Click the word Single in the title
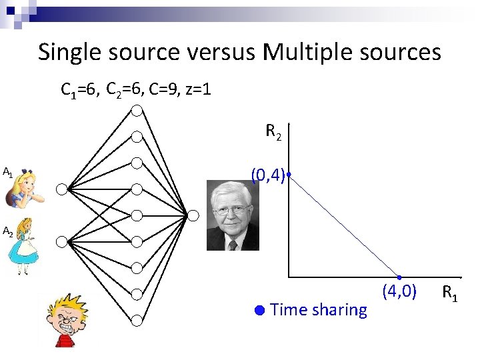coord(69,52)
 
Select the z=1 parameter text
coord(196,89)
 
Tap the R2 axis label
coord(273,132)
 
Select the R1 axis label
coord(450,292)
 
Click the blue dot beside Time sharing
coord(260,309)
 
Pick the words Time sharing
coord(319,309)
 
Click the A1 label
coord(7,172)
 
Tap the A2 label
coord(7,232)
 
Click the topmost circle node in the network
coord(137,110)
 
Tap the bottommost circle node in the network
coord(137,320)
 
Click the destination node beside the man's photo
coord(193,215)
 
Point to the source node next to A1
coord(61,189)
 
